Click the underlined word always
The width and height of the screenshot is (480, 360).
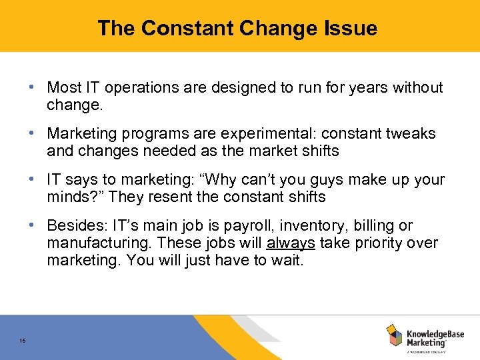pyautogui.click(x=290, y=243)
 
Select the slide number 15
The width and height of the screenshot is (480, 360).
pyautogui.click(x=23, y=341)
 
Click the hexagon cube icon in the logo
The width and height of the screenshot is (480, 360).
pyautogui.click(x=394, y=335)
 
